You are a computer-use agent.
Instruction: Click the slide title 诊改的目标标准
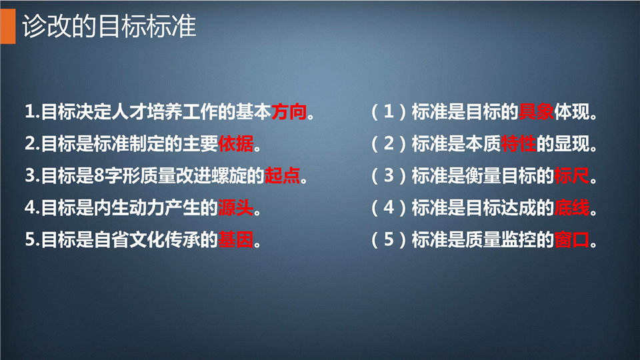coord(109,26)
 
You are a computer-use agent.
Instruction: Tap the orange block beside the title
coord(8,26)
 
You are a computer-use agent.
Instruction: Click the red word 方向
coord(289,111)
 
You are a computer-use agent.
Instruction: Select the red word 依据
coord(236,143)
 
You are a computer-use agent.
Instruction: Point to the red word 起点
coord(283,175)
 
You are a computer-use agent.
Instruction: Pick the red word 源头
coord(236,207)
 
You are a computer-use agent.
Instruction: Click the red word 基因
coord(236,239)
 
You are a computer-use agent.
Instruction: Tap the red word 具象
coord(536,111)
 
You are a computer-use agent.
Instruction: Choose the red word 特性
coord(519,143)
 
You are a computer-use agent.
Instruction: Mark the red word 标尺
coord(572,175)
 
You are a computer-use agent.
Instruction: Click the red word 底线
coord(572,207)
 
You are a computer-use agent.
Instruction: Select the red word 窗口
coord(572,239)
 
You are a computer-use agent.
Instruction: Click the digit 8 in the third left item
coord(99,176)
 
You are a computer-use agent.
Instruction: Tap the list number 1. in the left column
coord(32,112)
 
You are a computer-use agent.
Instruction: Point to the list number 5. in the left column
coord(32,240)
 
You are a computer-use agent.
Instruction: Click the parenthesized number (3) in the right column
coord(389,176)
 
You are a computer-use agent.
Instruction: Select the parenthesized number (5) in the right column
coord(389,240)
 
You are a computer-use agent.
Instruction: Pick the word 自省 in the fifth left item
coord(111,239)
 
